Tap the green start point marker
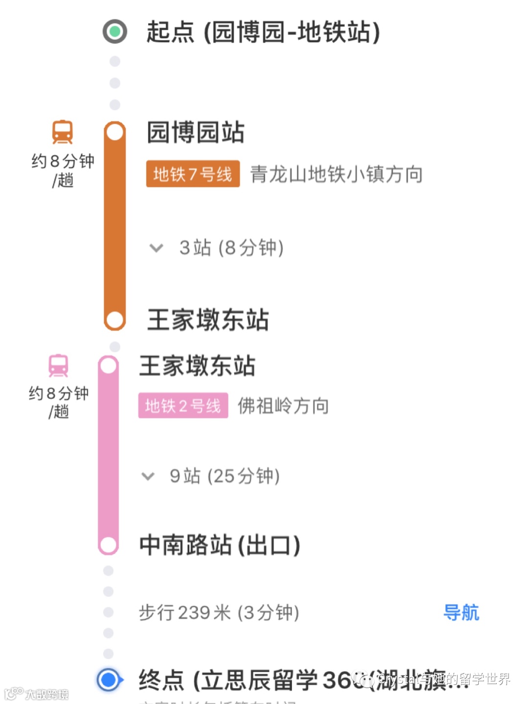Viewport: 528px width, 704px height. (115, 32)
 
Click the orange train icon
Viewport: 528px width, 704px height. (63, 132)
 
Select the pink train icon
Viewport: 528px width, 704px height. (58, 365)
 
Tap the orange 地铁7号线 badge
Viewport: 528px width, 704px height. (193, 174)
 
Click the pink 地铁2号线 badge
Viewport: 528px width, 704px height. (183, 406)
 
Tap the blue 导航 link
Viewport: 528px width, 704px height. (461, 613)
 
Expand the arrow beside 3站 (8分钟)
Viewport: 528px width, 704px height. (156, 248)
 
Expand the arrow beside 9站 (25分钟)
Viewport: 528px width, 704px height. (148, 476)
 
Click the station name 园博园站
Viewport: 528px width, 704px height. (196, 132)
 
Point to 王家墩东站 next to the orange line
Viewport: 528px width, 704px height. (208, 319)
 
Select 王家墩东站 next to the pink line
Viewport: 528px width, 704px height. (197, 365)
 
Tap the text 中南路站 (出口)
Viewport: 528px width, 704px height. (220, 545)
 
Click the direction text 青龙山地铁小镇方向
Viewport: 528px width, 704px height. (336, 174)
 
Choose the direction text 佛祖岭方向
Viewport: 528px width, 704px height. (283, 406)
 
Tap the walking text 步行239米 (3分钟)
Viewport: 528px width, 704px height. (219, 613)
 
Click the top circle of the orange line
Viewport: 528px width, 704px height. (115, 132)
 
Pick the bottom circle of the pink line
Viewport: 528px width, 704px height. (108, 545)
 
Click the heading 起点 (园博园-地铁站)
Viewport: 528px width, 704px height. (263, 32)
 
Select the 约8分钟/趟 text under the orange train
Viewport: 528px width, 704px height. (63, 170)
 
